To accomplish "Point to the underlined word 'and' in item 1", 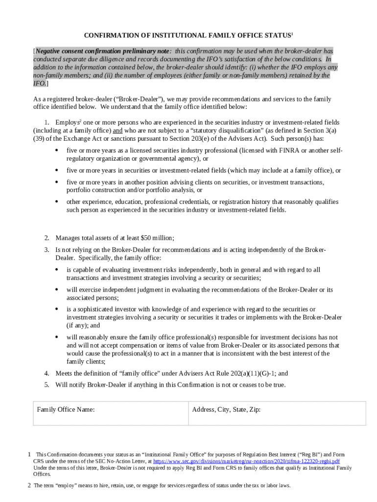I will click(118, 131).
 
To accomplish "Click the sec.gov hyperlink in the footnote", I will click(246, 461).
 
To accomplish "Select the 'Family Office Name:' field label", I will click(66, 410).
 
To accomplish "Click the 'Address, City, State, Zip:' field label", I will click(226, 410).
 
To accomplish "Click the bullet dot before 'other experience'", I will click(57, 202).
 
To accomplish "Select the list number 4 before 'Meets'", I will click(47, 374).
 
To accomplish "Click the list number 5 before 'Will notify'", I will click(47, 385).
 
